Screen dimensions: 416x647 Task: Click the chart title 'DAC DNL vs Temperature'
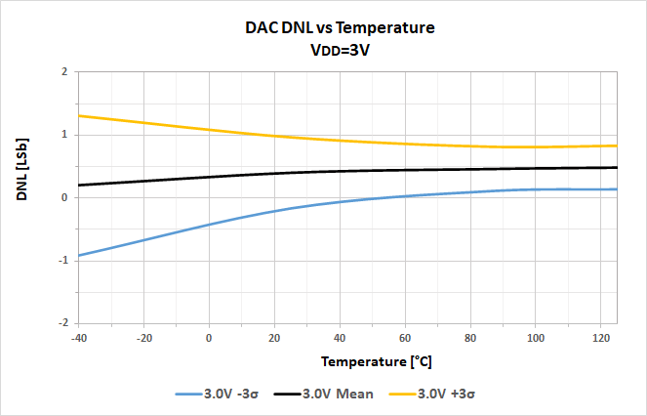pos(339,28)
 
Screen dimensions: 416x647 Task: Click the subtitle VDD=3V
pos(339,51)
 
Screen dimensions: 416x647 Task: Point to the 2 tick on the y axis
pos(63,72)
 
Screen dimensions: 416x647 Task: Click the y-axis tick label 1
pos(63,135)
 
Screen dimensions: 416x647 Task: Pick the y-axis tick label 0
pos(63,197)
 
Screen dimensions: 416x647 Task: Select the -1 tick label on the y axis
pos(61,260)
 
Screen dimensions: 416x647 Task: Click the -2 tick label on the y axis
pos(61,322)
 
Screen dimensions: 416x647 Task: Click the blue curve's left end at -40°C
pos(79,255)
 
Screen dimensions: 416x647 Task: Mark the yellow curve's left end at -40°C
pos(79,116)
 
